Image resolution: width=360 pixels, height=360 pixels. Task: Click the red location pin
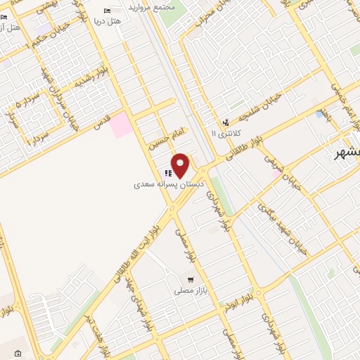181,165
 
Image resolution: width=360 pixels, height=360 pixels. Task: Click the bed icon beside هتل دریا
107,11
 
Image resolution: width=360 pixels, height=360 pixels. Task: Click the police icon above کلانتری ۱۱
226,122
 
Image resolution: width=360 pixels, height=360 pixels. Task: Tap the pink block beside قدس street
120,124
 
